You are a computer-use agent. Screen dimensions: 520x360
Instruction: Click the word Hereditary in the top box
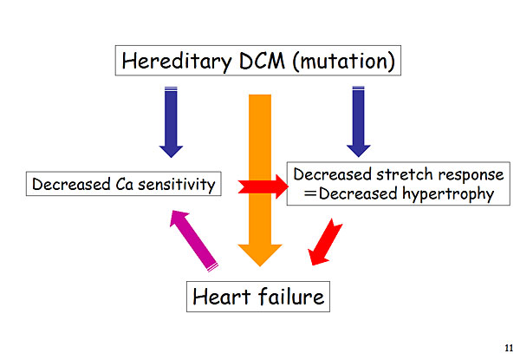(x=177, y=62)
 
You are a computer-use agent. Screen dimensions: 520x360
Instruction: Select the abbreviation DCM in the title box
(x=262, y=61)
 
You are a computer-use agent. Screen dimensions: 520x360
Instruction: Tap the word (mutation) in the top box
(x=344, y=62)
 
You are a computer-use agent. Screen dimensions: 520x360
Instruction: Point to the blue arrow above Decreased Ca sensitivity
(x=171, y=122)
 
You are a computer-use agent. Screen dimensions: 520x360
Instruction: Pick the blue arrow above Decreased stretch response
(x=359, y=121)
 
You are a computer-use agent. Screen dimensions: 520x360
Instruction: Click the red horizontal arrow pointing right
(x=263, y=187)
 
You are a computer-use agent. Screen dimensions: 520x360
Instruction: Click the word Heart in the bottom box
(x=221, y=297)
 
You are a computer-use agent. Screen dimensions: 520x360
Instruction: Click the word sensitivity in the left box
(x=177, y=185)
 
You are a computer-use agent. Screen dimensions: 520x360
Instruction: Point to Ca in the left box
(x=124, y=185)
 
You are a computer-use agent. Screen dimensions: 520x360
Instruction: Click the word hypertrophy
(x=448, y=194)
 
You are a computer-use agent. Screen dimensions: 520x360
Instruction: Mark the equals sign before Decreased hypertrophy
(x=310, y=193)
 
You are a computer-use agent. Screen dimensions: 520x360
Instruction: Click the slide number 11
(x=509, y=348)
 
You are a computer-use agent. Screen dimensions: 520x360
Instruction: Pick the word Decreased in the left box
(x=71, y=185)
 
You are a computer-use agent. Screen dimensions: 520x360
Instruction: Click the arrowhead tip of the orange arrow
(x=260, y=266)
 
